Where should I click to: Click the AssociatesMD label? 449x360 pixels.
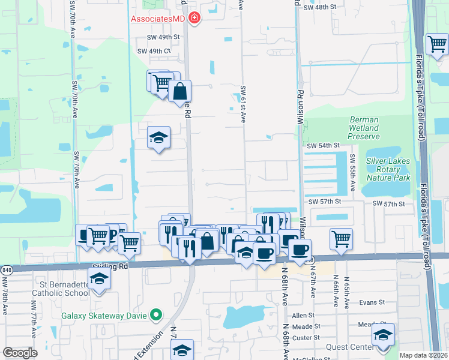[158, 19]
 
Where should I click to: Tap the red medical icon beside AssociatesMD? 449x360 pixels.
[194, 19]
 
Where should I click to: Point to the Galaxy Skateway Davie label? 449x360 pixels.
[106, 314]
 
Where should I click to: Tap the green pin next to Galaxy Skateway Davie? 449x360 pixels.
[156, 314]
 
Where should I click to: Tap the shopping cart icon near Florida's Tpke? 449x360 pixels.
[437, 44]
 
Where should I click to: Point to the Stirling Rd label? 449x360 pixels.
[110, 265]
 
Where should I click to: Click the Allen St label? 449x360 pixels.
[303, 315]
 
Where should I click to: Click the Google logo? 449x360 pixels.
[20, 353]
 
